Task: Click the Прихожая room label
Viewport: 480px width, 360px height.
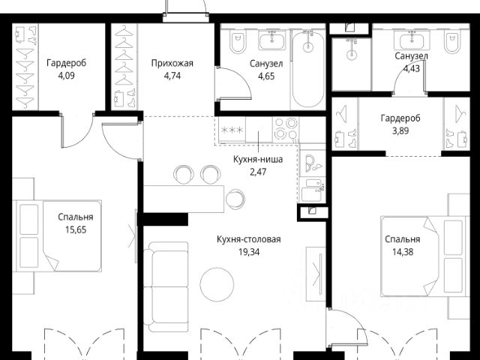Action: pos(172,63)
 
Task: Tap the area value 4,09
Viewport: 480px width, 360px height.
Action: pos(67,76)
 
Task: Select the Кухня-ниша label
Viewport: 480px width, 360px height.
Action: pos(258,159)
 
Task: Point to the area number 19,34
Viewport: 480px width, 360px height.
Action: pos(249,252)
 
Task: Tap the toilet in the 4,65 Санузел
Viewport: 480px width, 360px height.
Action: pos(238,41)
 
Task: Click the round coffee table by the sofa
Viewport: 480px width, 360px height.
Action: pos(217,284)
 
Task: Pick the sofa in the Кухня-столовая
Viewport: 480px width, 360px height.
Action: pos(166,287)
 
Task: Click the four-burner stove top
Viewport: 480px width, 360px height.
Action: pos(286,128)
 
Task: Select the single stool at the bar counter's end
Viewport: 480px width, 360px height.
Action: pos(235,199)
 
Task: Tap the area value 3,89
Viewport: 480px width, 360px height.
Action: pos(400,131)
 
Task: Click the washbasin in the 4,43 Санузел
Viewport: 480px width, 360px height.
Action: pos(412,40)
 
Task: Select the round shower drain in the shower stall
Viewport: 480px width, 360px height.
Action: pos(352,55)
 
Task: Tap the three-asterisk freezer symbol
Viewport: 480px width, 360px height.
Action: pos(232,130)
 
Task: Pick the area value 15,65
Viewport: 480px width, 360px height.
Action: pos(76,229)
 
